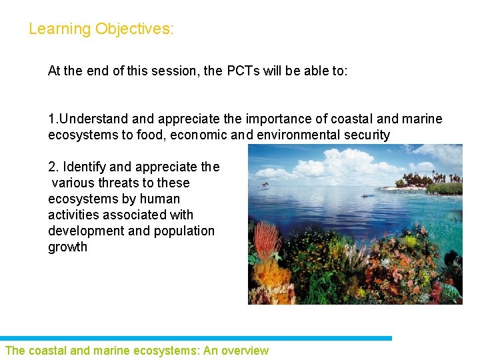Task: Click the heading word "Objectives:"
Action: pyautogui.click(x=134, y=29)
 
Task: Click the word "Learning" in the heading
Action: pyautogui.click(x=59, y=29)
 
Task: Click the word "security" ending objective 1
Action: pyautogui.click(x=365, y=135)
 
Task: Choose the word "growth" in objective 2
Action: pyautogui.click(x=67, y=247)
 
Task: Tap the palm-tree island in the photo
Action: pyautogui.click(x=433, y=180)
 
